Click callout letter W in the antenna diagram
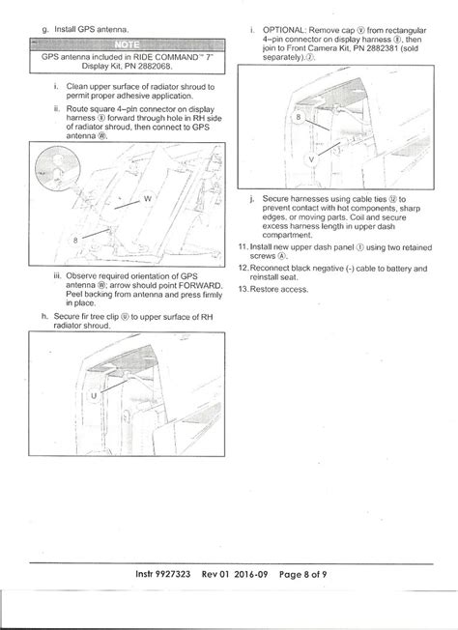click(147, 198)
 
